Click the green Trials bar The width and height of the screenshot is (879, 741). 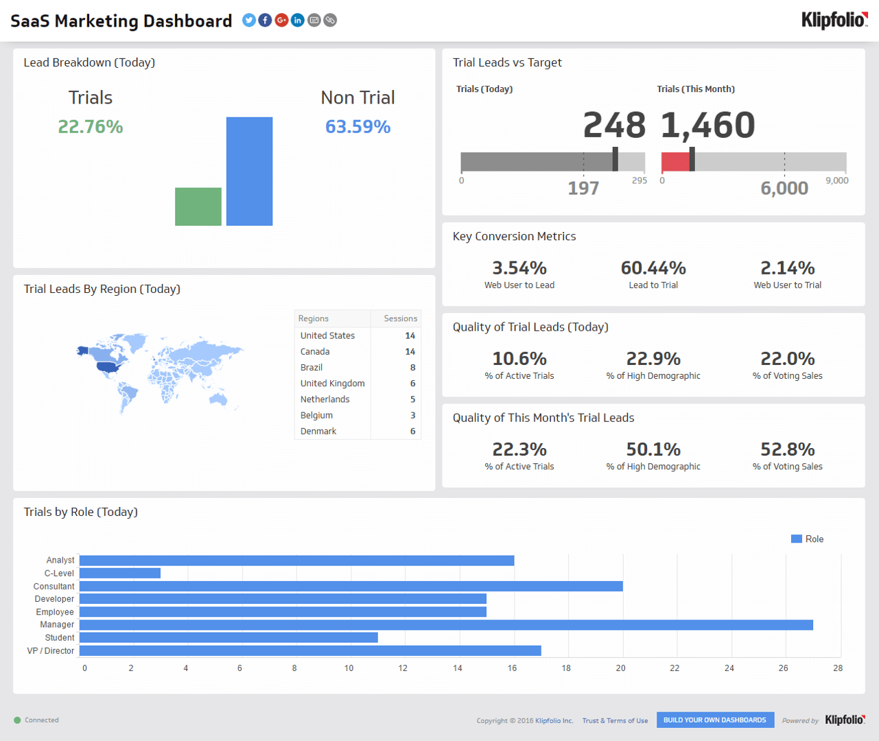(x=198, y=207)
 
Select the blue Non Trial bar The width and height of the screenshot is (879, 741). (x=249, y=171)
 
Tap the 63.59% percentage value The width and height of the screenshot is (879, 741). (x=358, y=127)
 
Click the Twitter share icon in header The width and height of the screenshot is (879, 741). (x=249, y=21)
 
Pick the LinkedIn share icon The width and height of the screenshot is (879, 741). (x=298, y=21)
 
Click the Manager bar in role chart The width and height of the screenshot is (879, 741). (x=446, y=625)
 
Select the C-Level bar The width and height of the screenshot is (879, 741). (x=120, y=573)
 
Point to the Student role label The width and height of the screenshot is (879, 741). (x=60, y=637)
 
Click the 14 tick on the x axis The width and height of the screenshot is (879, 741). (x=457, y=668)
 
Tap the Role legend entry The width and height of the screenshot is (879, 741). (x=808, y=539)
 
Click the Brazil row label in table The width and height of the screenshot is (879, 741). (x=312, y=368)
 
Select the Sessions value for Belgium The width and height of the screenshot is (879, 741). (x=412, y=415)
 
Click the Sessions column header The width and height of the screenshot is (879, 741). (x=400, y=318)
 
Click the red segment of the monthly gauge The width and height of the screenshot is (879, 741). (x=675, y=162)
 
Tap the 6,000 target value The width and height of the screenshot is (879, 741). (x=784, y=188)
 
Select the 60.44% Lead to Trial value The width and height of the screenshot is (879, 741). (x=653, y=268)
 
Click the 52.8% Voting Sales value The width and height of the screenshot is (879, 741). (x=787, y=449)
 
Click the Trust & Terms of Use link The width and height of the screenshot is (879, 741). (x=615, y=720)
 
